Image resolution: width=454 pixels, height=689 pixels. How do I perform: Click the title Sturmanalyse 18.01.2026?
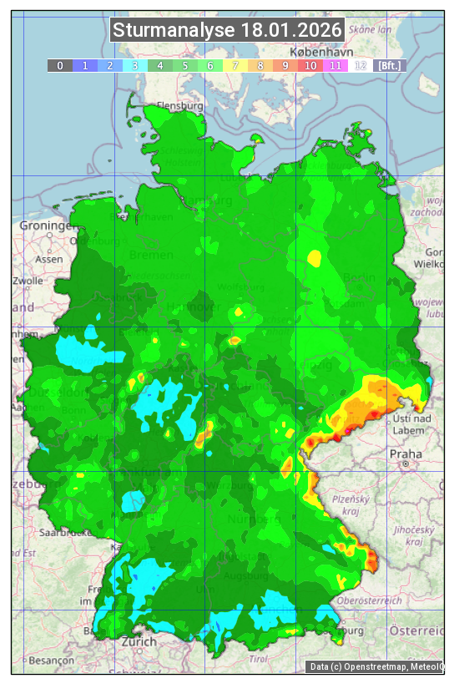coord(227,31)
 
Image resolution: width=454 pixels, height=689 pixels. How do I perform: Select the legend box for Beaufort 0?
coord(59,65)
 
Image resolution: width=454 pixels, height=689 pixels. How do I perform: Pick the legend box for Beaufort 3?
coord(134,65)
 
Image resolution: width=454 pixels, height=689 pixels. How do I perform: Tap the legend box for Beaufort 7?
coord(235,65)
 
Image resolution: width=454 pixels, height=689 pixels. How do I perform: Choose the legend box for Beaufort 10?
coord(310,65)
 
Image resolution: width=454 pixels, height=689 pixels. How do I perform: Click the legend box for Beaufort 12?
coord(360,65)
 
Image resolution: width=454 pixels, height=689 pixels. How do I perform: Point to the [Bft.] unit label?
coord(389,65)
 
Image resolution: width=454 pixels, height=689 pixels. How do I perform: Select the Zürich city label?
coord(139,641)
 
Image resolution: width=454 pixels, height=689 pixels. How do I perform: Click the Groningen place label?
coord(47,226)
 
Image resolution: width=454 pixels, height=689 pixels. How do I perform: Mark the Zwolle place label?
coord(28,281)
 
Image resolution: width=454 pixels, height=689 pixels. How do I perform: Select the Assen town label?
coord(49,259)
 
